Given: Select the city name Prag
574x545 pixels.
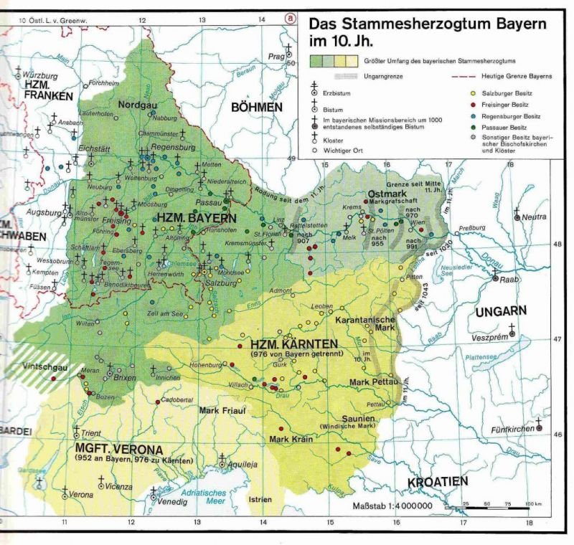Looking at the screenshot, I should (x=277, y=56).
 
